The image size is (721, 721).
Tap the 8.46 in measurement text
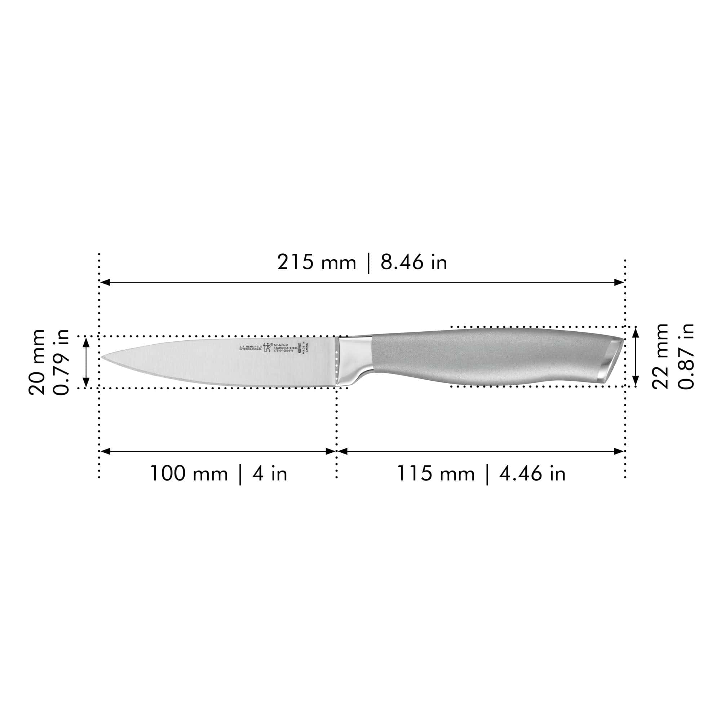(x=413, y=262)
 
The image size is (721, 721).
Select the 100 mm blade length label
(x=189, y=474)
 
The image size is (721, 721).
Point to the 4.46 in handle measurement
(x=532, y=474)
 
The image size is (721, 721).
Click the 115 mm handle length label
(x=435, y=474)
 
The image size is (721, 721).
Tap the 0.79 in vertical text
(x=61, y=362)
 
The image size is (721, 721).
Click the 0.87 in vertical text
(x=686, y=357)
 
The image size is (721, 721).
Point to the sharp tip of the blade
(x=102, y=358)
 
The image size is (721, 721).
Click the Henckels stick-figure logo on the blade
(x=267, y=348)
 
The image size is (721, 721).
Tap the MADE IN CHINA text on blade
(x=306, y=348)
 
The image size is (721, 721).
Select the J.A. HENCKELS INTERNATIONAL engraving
(x=251, y=348)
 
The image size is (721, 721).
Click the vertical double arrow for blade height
(x=86, y=362)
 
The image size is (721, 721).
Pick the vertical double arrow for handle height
(x=636, y=357)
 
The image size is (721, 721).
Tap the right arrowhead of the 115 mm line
(x=619, y=452)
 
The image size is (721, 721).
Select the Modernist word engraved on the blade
(x=282, y=345)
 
